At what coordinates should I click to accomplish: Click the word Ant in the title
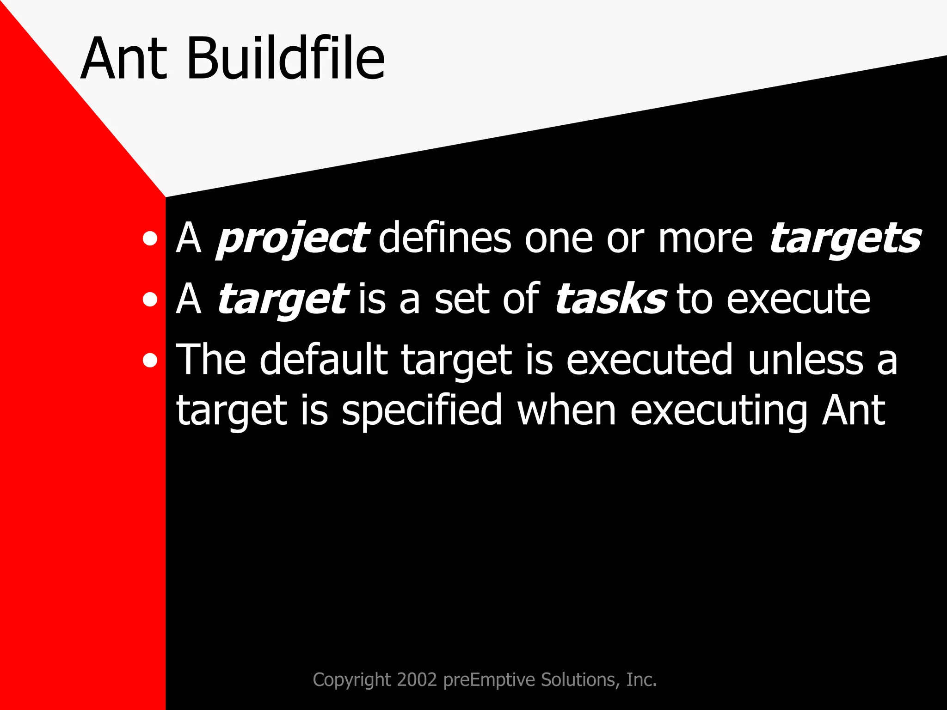[x=124, y=59]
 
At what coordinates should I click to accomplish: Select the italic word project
[x=292, y=239]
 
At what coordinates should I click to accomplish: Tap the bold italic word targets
[x=845, y=239]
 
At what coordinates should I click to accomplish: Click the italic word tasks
[x=610, y=300]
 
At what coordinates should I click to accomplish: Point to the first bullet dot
[x=150, y=239]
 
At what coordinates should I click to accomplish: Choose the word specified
[x=422, y=410]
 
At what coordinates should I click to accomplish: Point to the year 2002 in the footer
[x=417, y=680]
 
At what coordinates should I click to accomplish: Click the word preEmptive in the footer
[x=489, y=680]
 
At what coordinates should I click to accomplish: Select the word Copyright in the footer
[x=352, y=680]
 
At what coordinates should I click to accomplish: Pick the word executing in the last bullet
[x=719, y=410]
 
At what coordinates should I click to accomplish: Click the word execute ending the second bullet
[x=798, y=300]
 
